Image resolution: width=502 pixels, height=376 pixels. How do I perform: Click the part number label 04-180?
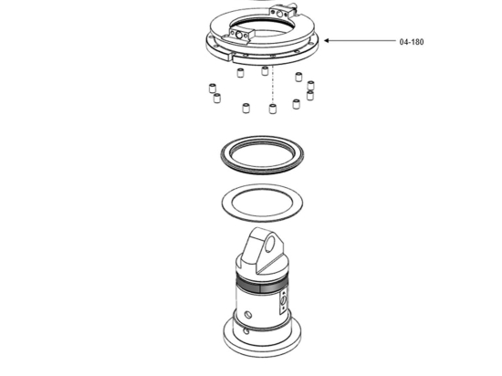(x=412, y=41)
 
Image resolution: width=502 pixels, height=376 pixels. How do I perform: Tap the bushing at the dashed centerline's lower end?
(x=274, y=109)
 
